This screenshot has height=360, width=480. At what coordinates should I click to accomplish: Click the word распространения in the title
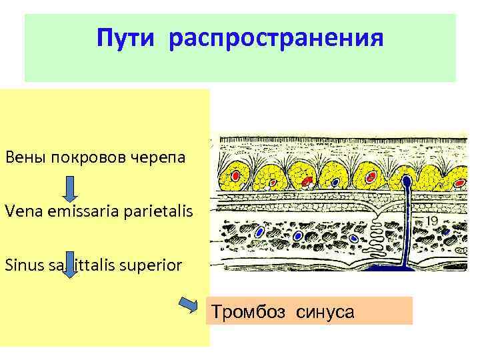coord(276,38)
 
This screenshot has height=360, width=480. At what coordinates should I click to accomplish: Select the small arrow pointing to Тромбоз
coord(191,305)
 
